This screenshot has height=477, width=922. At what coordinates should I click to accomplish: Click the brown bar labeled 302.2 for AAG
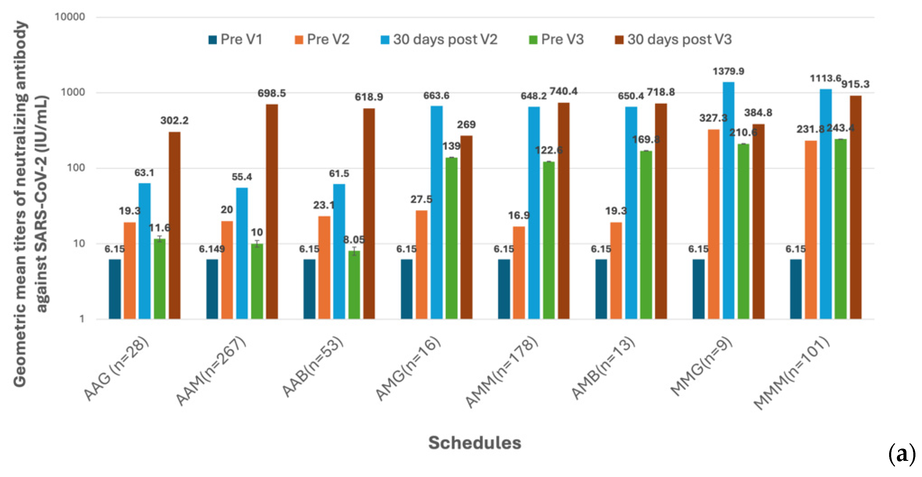click(x=175, y=225)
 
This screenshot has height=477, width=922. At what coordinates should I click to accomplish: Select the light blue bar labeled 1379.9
click(x=729, y=200)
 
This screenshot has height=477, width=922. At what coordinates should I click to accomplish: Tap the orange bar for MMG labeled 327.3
click(x=713, y=224)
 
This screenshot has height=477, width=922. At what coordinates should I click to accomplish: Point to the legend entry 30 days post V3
click(x=673, y=39)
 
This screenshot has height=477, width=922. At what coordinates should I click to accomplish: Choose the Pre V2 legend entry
click(x=322, y=39)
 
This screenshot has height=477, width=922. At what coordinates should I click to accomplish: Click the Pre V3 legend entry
click(x=557, y=39)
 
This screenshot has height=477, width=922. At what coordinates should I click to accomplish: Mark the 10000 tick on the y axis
click(x=70, y=17)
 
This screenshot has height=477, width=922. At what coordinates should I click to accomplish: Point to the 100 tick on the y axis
click(x=76, y=168)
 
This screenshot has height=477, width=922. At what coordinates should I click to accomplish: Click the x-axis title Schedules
click(x=475, y=443)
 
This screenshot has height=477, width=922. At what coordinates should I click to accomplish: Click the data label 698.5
click(x=272, y=93)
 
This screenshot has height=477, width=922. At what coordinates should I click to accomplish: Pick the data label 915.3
click(x=855, y=84)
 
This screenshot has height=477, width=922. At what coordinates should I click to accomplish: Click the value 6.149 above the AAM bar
click(x=211, y=249)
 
